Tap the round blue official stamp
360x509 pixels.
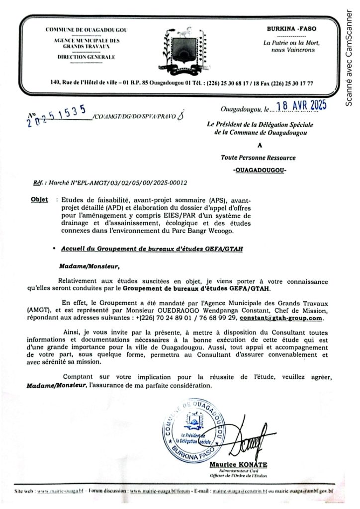[194, 427]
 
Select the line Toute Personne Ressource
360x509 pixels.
[259, 158]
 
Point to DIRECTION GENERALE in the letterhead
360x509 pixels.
[86, 57]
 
